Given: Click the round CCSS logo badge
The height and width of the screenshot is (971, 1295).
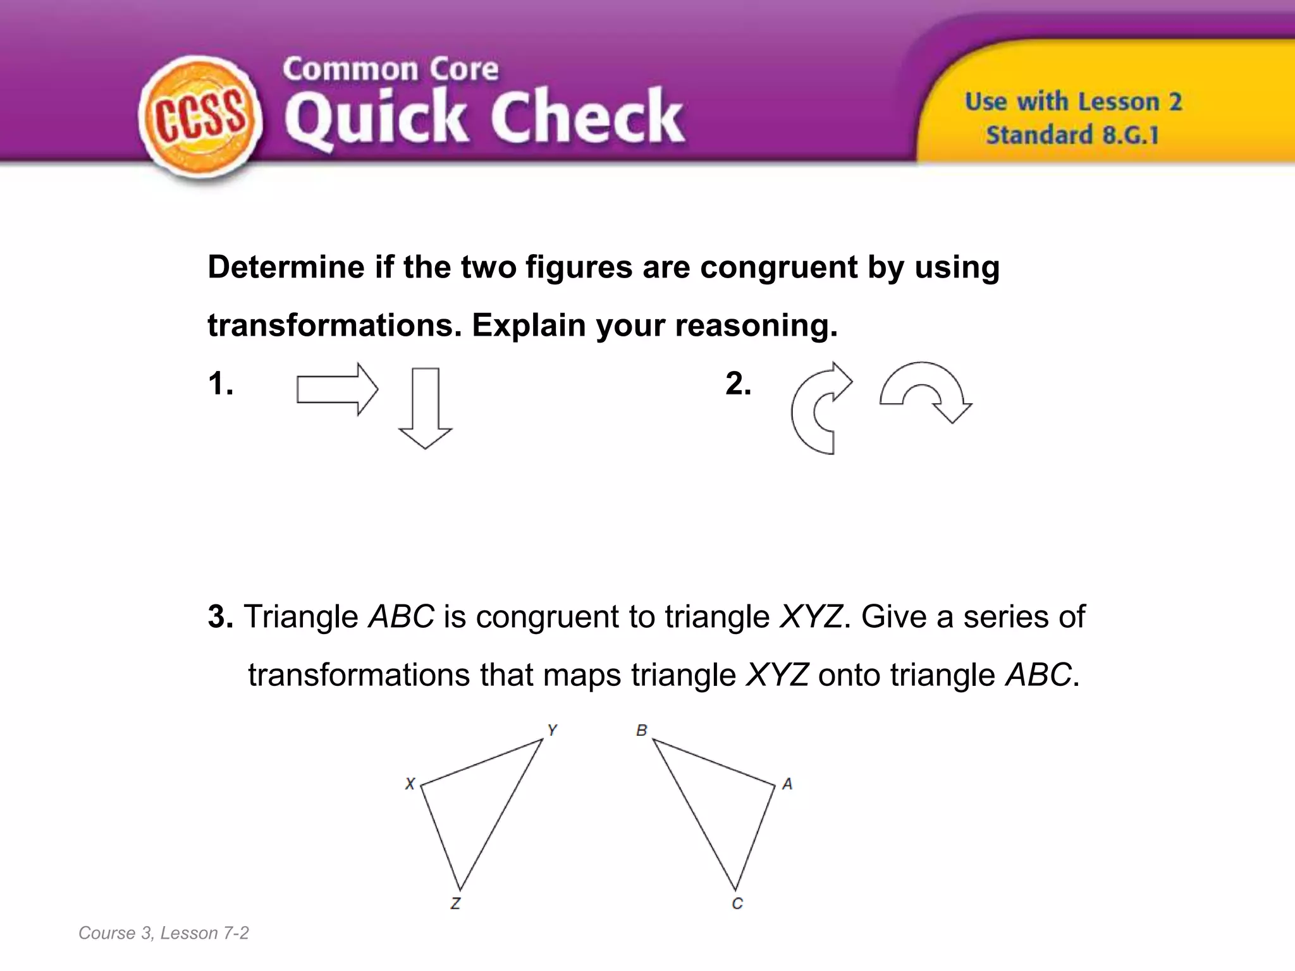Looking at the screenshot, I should coord(200,119).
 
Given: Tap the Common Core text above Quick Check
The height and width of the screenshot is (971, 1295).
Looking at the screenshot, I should coord(390,69).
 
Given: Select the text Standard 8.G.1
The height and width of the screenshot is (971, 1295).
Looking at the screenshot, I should coord(1072,135).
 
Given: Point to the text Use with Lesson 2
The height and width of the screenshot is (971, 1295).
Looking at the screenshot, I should coord(1073,102).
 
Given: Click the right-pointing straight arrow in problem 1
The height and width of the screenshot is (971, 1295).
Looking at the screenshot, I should coord(337,389).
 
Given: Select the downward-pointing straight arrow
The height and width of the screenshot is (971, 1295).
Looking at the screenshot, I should coord(425,408).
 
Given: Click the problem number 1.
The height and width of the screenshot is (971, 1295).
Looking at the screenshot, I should coord(220,384).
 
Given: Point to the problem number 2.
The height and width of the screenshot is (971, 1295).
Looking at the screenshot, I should coord(738,384).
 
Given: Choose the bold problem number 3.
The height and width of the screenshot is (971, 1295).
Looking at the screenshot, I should coord(220,617).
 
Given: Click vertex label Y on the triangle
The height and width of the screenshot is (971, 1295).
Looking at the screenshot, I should coord(552,731).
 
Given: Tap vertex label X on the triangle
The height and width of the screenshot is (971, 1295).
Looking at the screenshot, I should coord(410,784).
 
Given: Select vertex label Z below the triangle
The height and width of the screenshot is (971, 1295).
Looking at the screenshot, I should coord(455,904).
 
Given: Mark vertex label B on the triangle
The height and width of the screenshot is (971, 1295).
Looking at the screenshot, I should coord(642,731).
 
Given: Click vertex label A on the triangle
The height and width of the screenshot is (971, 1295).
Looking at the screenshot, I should coord(787,784).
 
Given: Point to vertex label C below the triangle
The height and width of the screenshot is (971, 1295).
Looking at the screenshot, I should coord(737,904).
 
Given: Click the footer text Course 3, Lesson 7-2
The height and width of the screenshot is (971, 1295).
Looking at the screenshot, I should coord(163,933).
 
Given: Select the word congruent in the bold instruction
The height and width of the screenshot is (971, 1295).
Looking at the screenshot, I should coord(779,267).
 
